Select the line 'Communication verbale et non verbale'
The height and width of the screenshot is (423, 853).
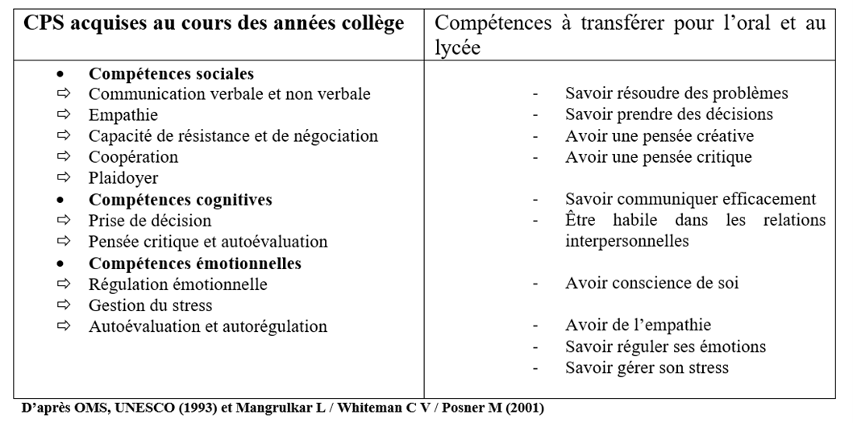[x=229, y=94]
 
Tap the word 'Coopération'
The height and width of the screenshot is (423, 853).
[x=133, y=157]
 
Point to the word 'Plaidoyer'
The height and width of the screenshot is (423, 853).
[x=123, y=178]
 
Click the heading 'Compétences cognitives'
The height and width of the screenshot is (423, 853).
[x=180, y=199]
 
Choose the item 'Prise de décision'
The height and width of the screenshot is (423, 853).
[x=150, y=220]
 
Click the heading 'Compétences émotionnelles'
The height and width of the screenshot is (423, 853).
[x=194, y=263]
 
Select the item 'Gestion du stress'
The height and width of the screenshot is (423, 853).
[x=150, y=305]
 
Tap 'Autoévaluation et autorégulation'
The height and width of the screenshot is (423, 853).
[x=208, y=326]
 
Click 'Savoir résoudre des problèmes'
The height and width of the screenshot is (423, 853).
[x=676, y=93]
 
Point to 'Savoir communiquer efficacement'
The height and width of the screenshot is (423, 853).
[x=691, y=199]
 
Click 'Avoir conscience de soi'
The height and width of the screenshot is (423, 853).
[x=652, y=284]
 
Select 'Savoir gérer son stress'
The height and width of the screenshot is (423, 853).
[x=647, y=368]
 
